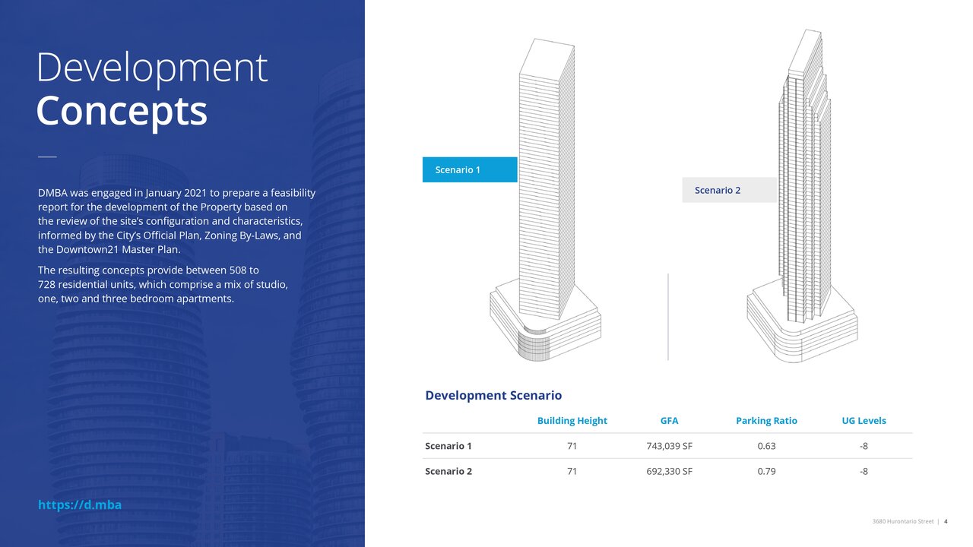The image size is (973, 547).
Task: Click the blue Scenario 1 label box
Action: tap(470, 169)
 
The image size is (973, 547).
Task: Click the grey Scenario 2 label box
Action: tap(729, 190)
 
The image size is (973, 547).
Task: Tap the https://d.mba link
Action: tap(80, 504)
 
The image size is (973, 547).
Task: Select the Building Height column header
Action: tap(572, 421)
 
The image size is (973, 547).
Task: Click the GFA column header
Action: tap(669, 421)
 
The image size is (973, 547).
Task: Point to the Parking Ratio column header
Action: tap(766, 421)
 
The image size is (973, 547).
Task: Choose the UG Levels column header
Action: tap(864, 421)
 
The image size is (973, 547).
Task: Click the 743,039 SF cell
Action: tap(669, 446)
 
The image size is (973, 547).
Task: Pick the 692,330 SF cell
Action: tap(669, 471)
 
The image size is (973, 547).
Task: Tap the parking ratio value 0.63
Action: tap(766, 446)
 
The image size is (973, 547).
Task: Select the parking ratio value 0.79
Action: tap(766, 471)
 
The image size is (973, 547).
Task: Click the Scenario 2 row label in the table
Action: tap(448, 471)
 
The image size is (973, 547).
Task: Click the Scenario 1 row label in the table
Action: tap(448, 446)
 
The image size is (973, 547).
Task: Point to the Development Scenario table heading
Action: tap(493, 395)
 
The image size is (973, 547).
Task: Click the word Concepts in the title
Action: tap(122, 112)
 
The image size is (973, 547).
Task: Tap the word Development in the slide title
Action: tap(152, 68)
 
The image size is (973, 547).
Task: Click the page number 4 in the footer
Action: tap(946, 521)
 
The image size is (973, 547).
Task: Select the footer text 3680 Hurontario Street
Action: tap(902, 521)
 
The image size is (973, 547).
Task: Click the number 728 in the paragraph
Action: tap(46, 285)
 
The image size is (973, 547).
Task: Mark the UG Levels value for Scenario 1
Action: tap(864, 446)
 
